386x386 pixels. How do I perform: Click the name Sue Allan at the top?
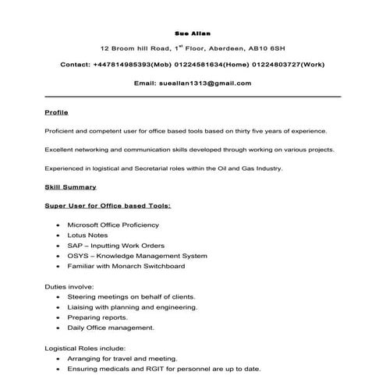(x=192, y=34)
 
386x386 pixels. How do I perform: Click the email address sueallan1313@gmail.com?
(x=205, y=83)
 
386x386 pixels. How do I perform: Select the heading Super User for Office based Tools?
(x=108, y=206)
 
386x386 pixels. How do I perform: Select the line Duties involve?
(x=70, y=287)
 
